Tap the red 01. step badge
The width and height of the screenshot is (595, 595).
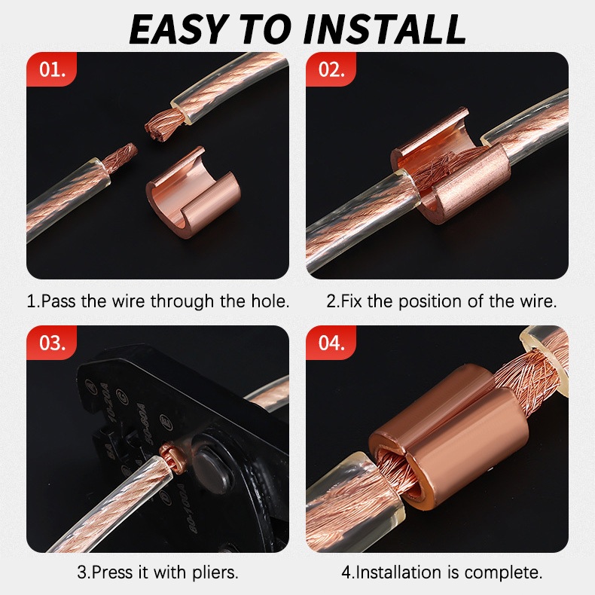(52, 69)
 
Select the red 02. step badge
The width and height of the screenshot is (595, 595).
(331, 69)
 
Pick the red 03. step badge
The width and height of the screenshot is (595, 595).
(52, 343)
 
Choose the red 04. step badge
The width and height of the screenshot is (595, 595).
(331, 343)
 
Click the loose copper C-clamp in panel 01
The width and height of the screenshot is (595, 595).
(193, 191)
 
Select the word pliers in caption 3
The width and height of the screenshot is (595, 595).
(215, 572)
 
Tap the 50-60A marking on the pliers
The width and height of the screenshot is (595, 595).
(142, 424)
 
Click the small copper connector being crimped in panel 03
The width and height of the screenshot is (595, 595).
(169, 456)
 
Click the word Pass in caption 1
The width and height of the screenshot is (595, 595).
(55, 301)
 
